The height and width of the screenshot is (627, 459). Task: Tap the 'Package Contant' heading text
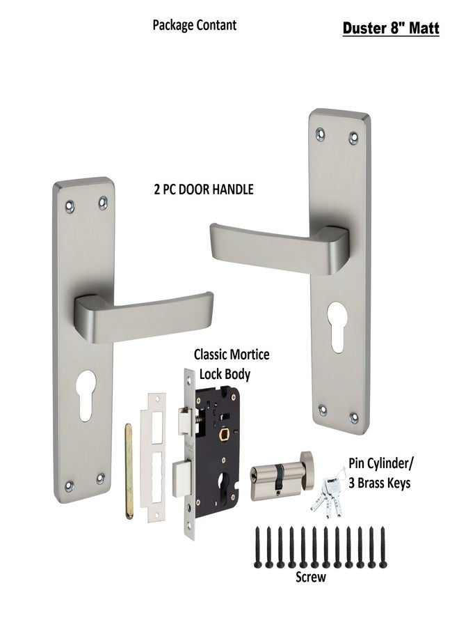(194, 25)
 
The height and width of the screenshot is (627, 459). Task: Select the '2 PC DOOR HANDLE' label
(203, 189)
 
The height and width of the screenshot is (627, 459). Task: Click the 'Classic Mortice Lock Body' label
(232, 364)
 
